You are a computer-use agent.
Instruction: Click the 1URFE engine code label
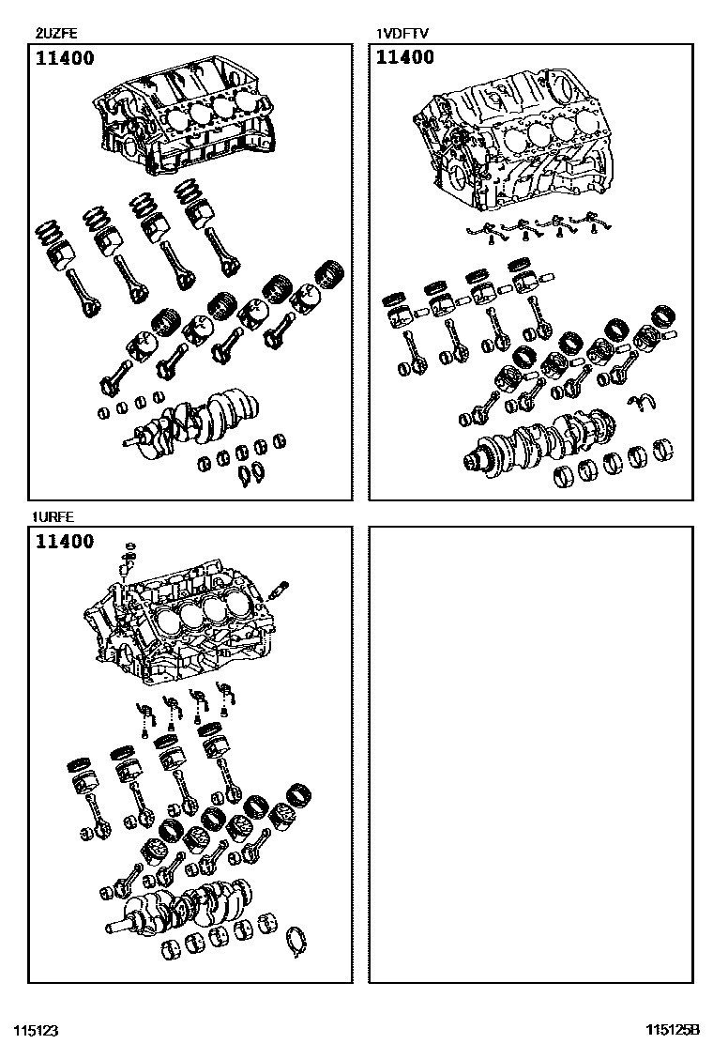point(53,517)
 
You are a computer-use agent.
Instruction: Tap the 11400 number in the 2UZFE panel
point(65,58)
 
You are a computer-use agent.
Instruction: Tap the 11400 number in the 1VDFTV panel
point(405,58)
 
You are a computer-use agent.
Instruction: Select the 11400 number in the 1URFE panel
point(65,542)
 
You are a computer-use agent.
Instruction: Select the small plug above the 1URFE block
point(130,545)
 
